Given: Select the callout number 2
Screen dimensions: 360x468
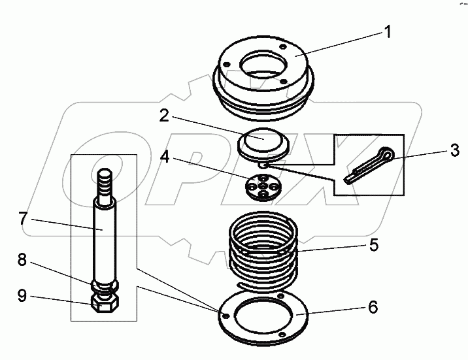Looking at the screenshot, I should (x=165, y=117).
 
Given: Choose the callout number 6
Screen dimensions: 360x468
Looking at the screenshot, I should (x=372, y=306).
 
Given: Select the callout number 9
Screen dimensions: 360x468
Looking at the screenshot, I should (x=24, y=297).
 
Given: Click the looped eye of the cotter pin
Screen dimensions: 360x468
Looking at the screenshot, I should (x=389, y=154).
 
